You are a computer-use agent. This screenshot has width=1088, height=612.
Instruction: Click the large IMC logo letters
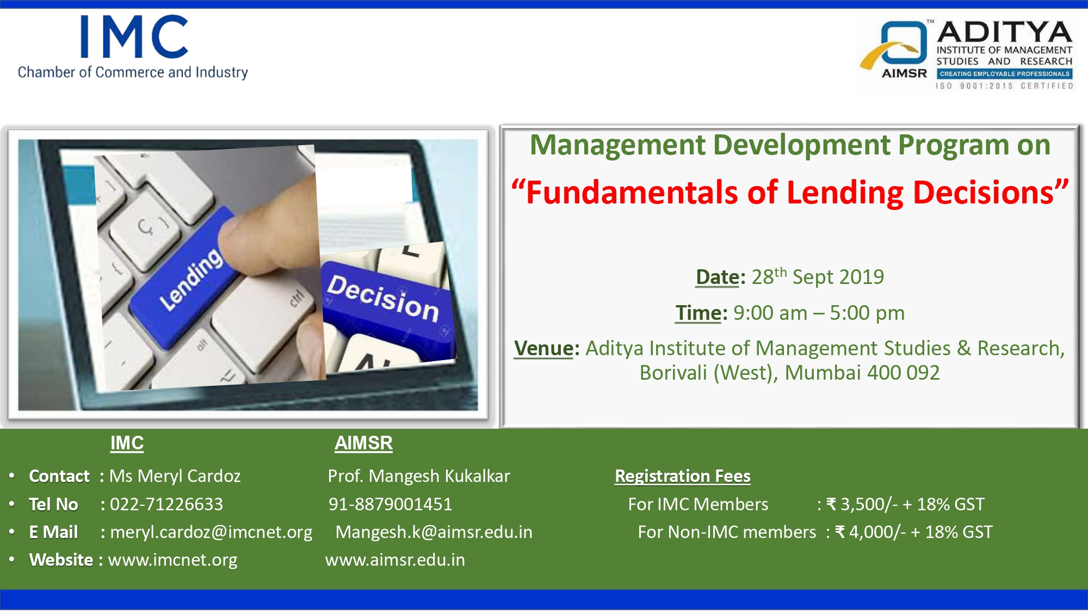point(134,36)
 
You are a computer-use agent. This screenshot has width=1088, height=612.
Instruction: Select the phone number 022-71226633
point(166,504)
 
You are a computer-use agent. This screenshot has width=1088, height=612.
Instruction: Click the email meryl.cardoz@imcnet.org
point(211,532)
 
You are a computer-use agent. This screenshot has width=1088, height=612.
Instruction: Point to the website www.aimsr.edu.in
point(395,560)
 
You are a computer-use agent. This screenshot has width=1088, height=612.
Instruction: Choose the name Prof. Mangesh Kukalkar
point(419,476)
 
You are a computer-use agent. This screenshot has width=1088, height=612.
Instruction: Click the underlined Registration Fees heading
point(683,476)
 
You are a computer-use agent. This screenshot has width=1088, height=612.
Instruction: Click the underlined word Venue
point(543,348)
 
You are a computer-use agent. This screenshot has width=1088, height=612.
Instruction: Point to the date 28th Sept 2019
point(818,276)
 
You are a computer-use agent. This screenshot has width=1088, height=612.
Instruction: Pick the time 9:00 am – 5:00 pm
point(819,313)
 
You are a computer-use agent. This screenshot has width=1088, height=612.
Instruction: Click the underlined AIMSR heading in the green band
point(363,443)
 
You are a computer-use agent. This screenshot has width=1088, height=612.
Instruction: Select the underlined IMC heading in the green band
point(127,443)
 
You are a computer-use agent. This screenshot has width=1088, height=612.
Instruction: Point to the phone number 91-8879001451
point(390,504)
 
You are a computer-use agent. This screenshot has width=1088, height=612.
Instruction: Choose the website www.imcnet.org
point(172,560)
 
